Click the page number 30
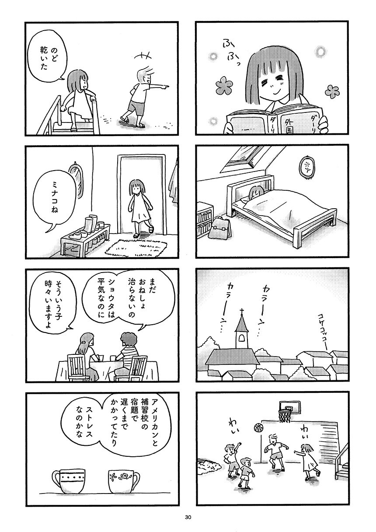(x=188, y=517)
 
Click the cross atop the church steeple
(x=242, y=311)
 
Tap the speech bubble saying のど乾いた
(x=45, y=57)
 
